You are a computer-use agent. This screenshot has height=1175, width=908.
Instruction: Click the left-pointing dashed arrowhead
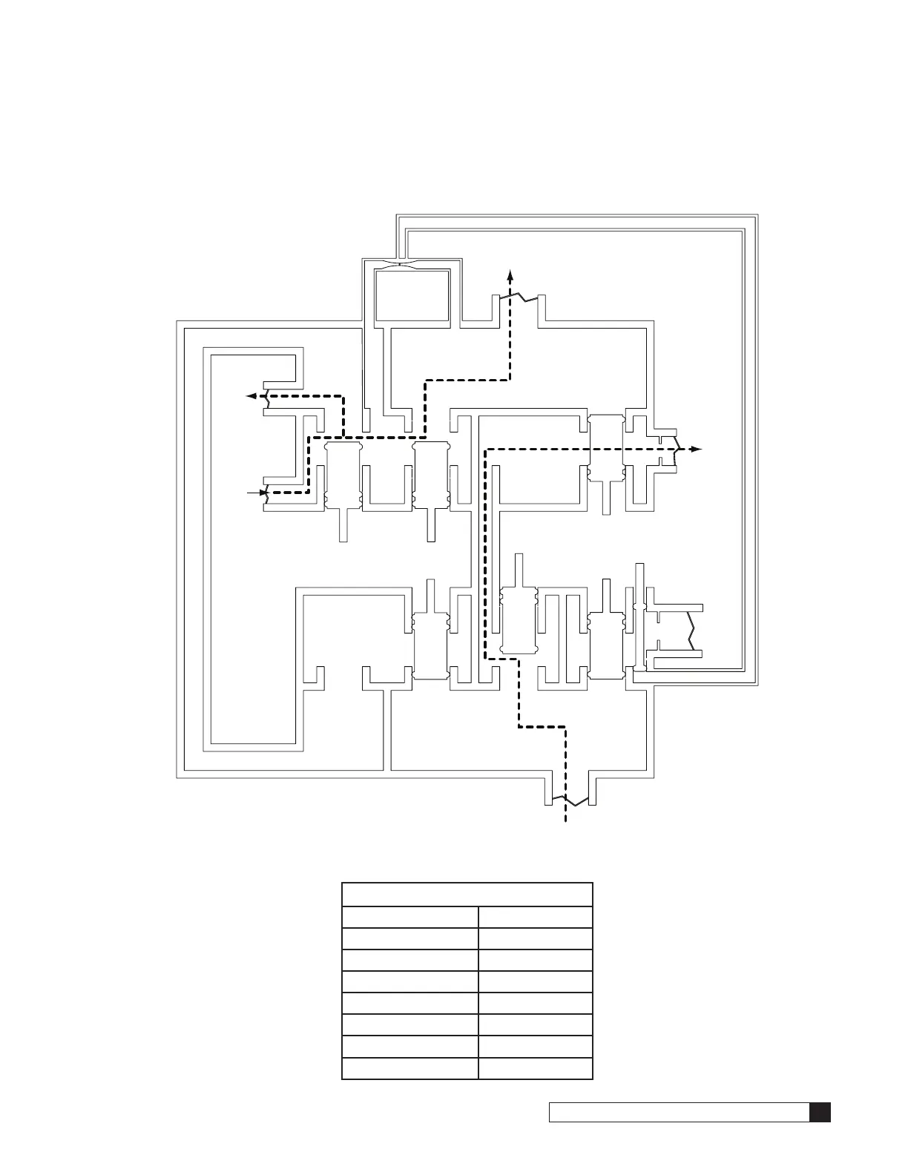coord(252,396)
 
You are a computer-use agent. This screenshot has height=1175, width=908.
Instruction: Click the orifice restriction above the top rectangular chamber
coord(404,266)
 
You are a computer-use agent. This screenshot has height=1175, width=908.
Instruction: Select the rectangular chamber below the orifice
coord(412,296)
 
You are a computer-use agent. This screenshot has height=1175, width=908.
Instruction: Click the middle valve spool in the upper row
coord(431,475)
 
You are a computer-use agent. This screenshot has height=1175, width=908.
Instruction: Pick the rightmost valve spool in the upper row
coord(606,449)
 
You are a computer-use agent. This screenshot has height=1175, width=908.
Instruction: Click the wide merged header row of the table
coord(467,895)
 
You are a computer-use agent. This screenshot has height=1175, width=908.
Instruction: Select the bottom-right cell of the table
coord(535,1068)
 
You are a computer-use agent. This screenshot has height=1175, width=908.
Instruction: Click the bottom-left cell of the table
coord(409,1068)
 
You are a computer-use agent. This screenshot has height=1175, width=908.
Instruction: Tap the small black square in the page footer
coord(820,1113)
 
